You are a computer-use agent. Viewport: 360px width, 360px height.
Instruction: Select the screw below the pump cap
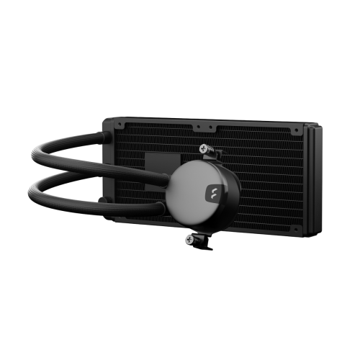point(191,239)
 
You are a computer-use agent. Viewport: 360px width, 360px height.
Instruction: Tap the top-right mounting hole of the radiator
point(296,130)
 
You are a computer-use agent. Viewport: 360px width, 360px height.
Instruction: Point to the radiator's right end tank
point(312,180)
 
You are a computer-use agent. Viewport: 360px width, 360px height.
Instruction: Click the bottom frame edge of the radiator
point(216,228)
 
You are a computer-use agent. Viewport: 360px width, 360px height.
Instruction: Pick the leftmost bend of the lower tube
point(33,191)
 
